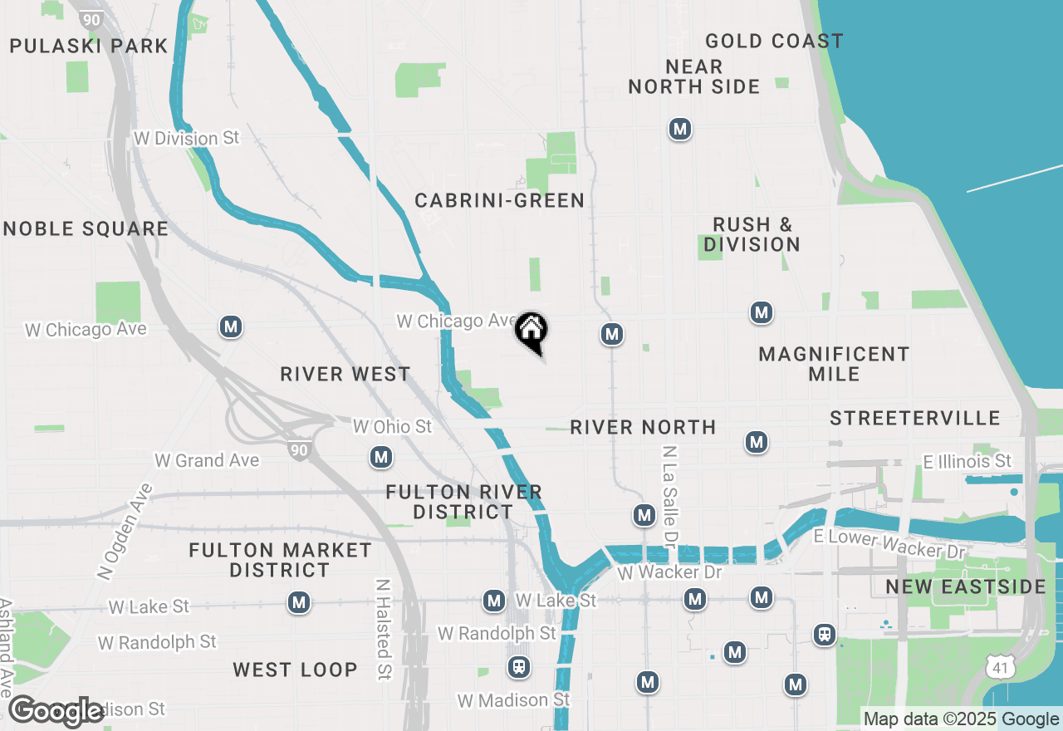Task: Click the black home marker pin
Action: (x=531, y=331)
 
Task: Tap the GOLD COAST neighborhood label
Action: (x=774, y=41)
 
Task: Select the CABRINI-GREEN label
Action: (x=499, y=200)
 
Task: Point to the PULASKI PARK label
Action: (x=89, y=46)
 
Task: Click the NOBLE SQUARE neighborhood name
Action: (x=86, y=228)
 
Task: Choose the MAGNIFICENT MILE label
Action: (x=834, y=364)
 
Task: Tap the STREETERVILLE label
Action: (x=915, y=417)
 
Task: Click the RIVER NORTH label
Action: (x=643, y=427)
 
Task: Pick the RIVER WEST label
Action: (x=345, y=374)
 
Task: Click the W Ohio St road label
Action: (x=393, y=426)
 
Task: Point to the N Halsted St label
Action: (x=383, y=629)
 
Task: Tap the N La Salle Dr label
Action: (x=669, y=497)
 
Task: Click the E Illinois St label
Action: (x=967, y=460)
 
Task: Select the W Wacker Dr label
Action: (x=670, y=572)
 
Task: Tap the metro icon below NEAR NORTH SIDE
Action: (x=680, y=129)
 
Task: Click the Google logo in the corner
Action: (x=56, y=711)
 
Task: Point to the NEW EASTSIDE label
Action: (x=965, y=586)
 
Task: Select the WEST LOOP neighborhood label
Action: (x=295, y=670)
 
